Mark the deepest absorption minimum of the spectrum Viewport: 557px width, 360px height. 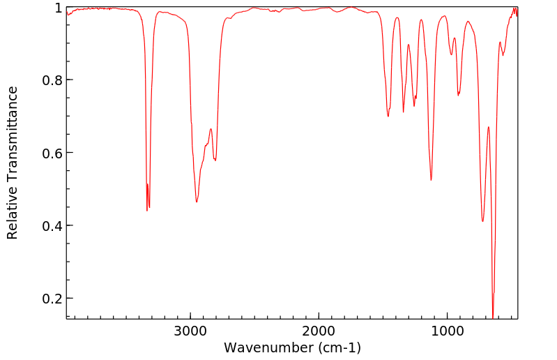[493, 317]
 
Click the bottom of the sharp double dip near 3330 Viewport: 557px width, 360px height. [147, 210]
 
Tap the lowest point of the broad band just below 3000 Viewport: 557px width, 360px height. [197, 202]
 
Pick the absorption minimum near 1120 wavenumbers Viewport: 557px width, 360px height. [431, 180]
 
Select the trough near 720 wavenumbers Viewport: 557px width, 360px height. [482, 222]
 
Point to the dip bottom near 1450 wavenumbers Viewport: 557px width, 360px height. [388, 116]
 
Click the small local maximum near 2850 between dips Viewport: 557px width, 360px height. [211, 128]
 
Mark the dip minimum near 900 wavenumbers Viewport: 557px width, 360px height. [458, 95]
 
